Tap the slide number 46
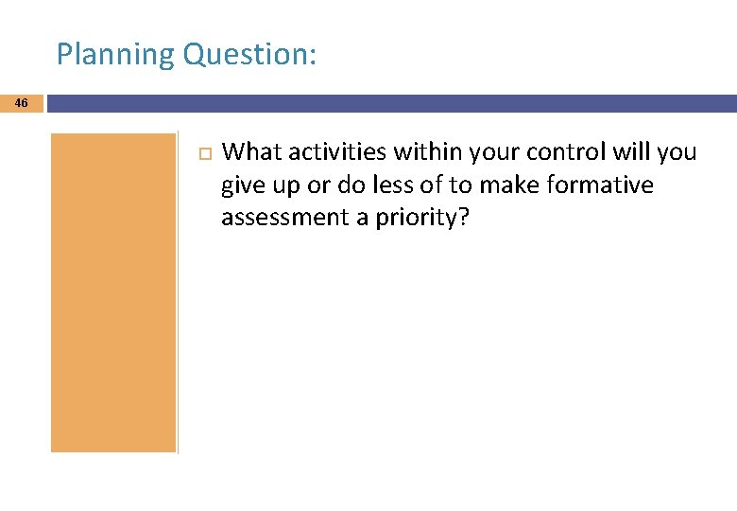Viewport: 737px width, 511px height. coord(22,102)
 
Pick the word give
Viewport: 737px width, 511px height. coord(242,185)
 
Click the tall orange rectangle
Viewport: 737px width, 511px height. coord(113,292)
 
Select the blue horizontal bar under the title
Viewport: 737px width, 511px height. coord(391,103)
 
